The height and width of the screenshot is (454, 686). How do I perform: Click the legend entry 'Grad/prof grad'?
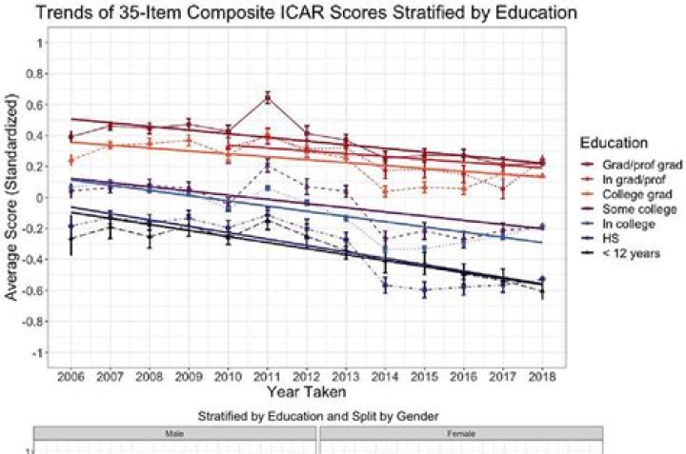[636, 164]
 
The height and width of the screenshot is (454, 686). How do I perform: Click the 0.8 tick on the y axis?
[38, 74]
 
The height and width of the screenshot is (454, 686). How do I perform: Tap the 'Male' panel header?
[175, 434]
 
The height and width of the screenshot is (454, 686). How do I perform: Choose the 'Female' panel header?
[460, 434]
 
